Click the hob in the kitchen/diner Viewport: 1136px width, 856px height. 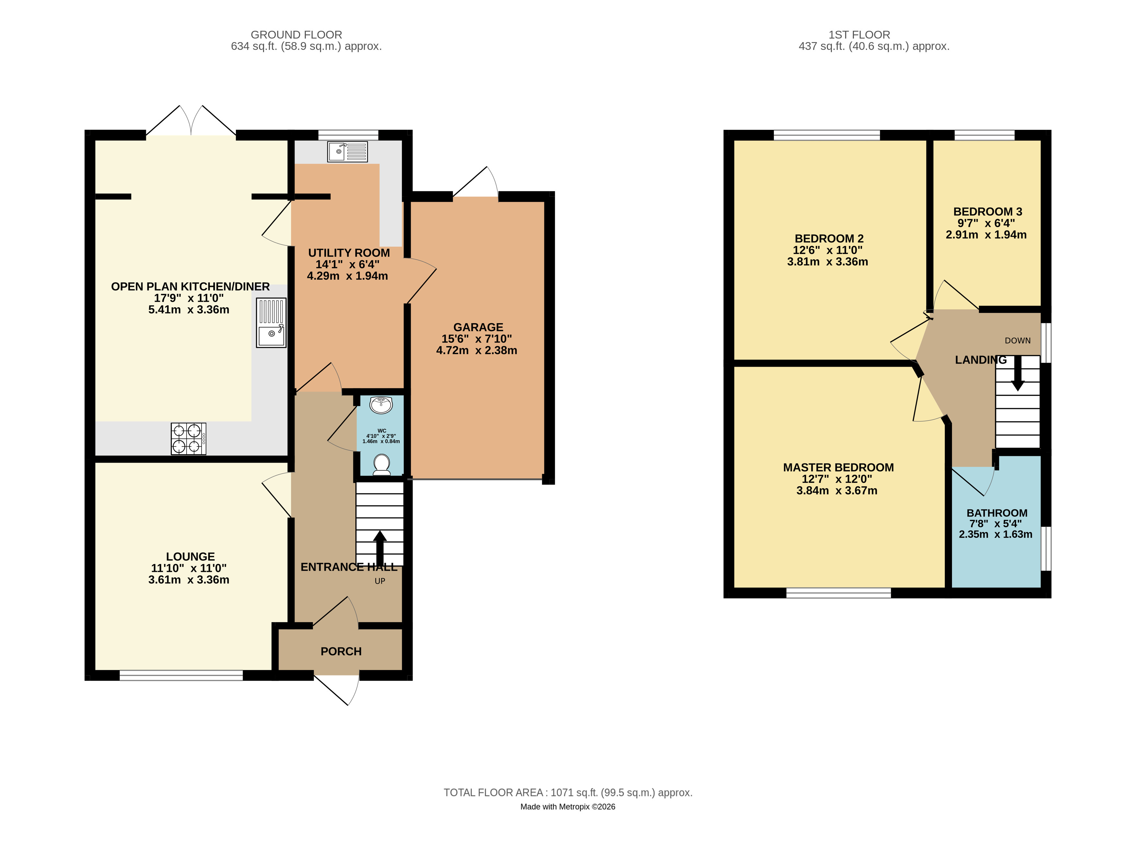pyautogui.click(x=189, y=439)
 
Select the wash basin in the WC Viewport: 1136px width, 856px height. pyautogui.click(x=381, y=405)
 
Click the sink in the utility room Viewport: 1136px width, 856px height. pyautogui.click(x=348, y=152)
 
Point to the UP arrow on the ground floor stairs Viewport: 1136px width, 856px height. pyautogui.click(x=380, y=548)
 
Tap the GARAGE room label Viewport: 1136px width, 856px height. pyautogui.click(x=478, y=327)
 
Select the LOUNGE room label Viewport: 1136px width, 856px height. pyautogui.click(x=190, y=557)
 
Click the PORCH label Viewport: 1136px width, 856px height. pyautogui.click(x=341, y=651)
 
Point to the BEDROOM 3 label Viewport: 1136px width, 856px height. pyautogui.click(x=988, y=211)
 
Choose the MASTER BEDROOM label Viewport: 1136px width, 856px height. pyautogui.click(x=838, y=467)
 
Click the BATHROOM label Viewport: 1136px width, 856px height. pyautogui.click(x=997, y=513)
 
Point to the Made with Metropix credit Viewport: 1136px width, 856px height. pyautogui.click(x=568, y=807)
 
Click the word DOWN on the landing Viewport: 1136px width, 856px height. pyautogui.click(x=1017, y=340)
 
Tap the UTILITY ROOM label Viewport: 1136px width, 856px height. pyautogui.click(x=349, y=253)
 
